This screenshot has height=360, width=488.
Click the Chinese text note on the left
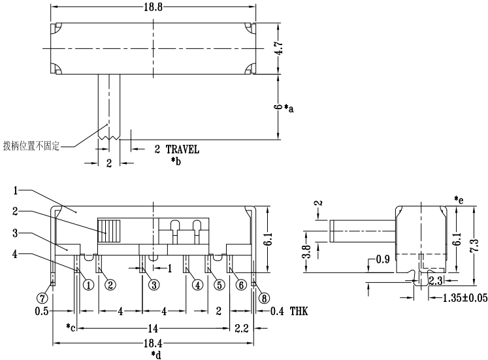point(31,145)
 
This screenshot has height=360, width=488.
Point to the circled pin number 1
point(86,284)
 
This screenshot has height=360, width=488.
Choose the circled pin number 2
point(110,284)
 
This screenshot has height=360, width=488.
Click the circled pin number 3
point(153,284)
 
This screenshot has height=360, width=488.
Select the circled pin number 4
point(197,284)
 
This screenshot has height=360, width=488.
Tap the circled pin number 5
point(219,284)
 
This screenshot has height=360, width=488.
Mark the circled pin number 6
point(241,284)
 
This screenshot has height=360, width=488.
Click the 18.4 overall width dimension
point(154,344)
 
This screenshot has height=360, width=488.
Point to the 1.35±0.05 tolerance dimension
point(457,297)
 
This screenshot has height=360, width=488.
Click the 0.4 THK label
point(289,312)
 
